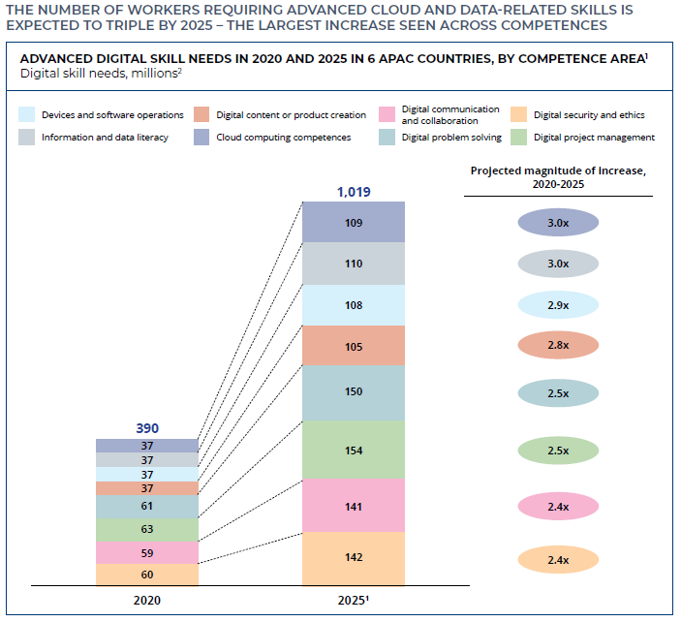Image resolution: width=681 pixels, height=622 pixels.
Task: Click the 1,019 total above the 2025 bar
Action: pyautogui.click(x=354, y=192)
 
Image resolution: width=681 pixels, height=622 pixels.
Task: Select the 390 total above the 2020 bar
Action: pyautogui.click(x=146, y=428)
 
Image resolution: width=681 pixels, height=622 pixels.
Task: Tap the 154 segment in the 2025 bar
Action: pyautogui.click(x=354, y=450)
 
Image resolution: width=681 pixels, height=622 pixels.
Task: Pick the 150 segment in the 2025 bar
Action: pyautogui.click(x=354, y=392)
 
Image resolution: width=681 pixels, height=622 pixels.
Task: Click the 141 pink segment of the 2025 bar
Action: pyautogui.click(x=354, y=505)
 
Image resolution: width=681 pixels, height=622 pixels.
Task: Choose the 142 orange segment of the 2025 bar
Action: pyautogui.click(x=354, y=558)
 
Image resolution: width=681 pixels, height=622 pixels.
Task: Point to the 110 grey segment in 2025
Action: pyautogui.click(x=354, y=264)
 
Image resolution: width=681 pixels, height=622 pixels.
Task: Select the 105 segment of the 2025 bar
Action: pyautogui.click(x=354, y=345)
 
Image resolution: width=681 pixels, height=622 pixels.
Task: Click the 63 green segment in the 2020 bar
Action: pyautogui.click(x=147, y=530)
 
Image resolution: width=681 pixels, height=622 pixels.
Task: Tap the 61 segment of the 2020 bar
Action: pyautogui.click(x=147, y=507)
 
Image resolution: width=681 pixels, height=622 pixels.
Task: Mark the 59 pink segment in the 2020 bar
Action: pyautogui.click(x=147, y=553)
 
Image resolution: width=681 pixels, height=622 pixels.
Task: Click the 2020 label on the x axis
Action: pyautogui.click(x=147, y=600)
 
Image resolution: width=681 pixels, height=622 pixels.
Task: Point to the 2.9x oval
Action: pyautogui.click(x=558, y=304)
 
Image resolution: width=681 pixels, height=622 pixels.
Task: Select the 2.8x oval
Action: pyautogui.click(x=558, y=344)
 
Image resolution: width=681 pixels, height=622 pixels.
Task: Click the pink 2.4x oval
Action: pyautogui.click(x=558, y=506)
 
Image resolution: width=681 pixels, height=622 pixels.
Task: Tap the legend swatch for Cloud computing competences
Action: pyautogui.click(x=202, y=138)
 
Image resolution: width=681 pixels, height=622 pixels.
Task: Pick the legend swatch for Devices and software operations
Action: pyautogui.click(x=27, y=115)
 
